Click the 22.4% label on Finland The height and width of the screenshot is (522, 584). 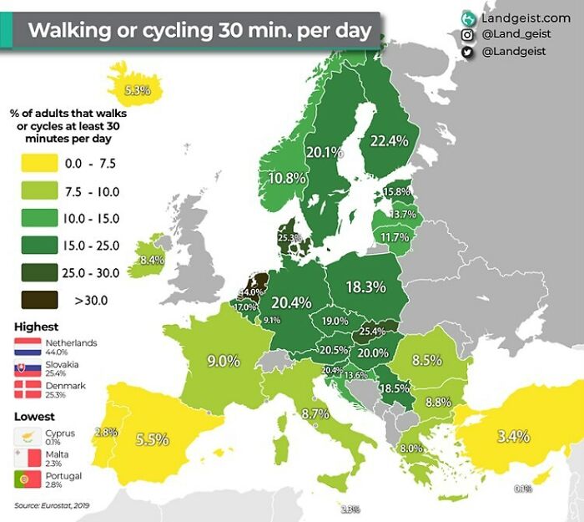388,140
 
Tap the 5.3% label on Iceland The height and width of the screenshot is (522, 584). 136,89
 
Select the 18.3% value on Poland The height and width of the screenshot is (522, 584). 365,286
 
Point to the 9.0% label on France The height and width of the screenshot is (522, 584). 224,361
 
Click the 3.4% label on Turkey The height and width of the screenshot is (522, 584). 512,435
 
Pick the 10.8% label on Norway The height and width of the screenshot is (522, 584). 285,178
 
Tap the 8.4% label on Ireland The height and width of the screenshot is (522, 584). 152,261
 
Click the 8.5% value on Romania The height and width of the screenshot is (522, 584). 426,360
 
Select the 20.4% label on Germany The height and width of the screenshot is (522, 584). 290,302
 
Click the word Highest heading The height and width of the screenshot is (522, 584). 37,327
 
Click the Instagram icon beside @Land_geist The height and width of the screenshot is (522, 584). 467,34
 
